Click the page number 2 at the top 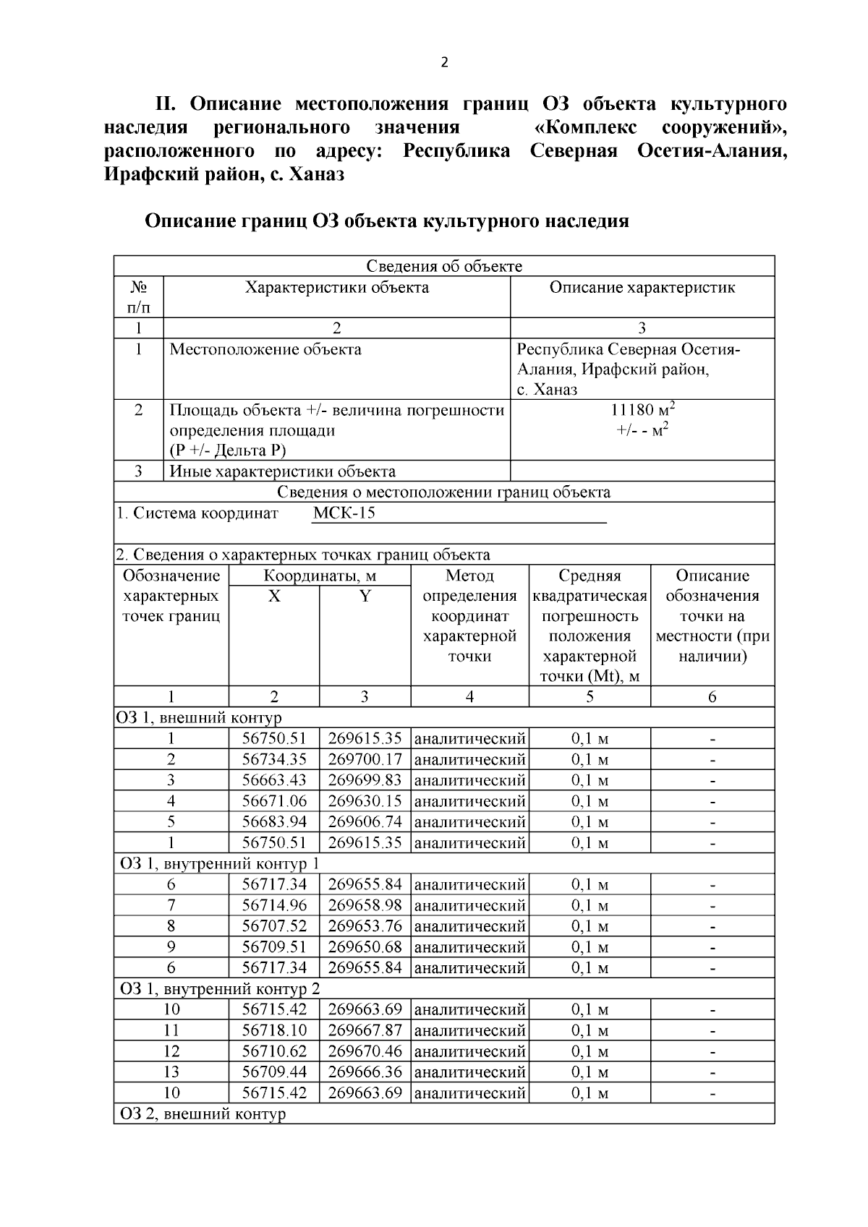pyautogui.click(x=444, y=62)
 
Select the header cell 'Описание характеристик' pyautogui.click(x=642, y=288)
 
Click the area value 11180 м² pyautogui.click(x=642, y=410)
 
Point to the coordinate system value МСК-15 pyautogui.click(x=344, y=513)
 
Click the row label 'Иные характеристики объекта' pyautogui.click(x=282, y=472)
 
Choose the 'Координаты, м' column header pyautogui.click(x=320, y=576)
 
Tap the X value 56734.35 pyautogui.click(x=274, y=760)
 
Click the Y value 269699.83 pyautogui.click(x=365, y=780)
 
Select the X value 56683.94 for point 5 pyautogui.click(x=274, y=822)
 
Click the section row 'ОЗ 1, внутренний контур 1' pyautogui.click(x=218, y=864)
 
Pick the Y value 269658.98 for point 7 pyautogui.click(x=365, y=905)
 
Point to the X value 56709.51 pyautogui.click(x=274, y=947)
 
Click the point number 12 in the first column pyautogui.click(x=171, y=1051)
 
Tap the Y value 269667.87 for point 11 pyautogui.click(x=365, y=1030)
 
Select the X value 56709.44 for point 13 pyautogui.click(x=274, y=1072)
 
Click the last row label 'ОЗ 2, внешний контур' pyautogui.click(x=202, y=1113)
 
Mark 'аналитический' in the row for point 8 pyautogui.click(x=469, y=926)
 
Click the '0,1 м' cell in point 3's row pyautogui.click(x=590, y=780)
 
